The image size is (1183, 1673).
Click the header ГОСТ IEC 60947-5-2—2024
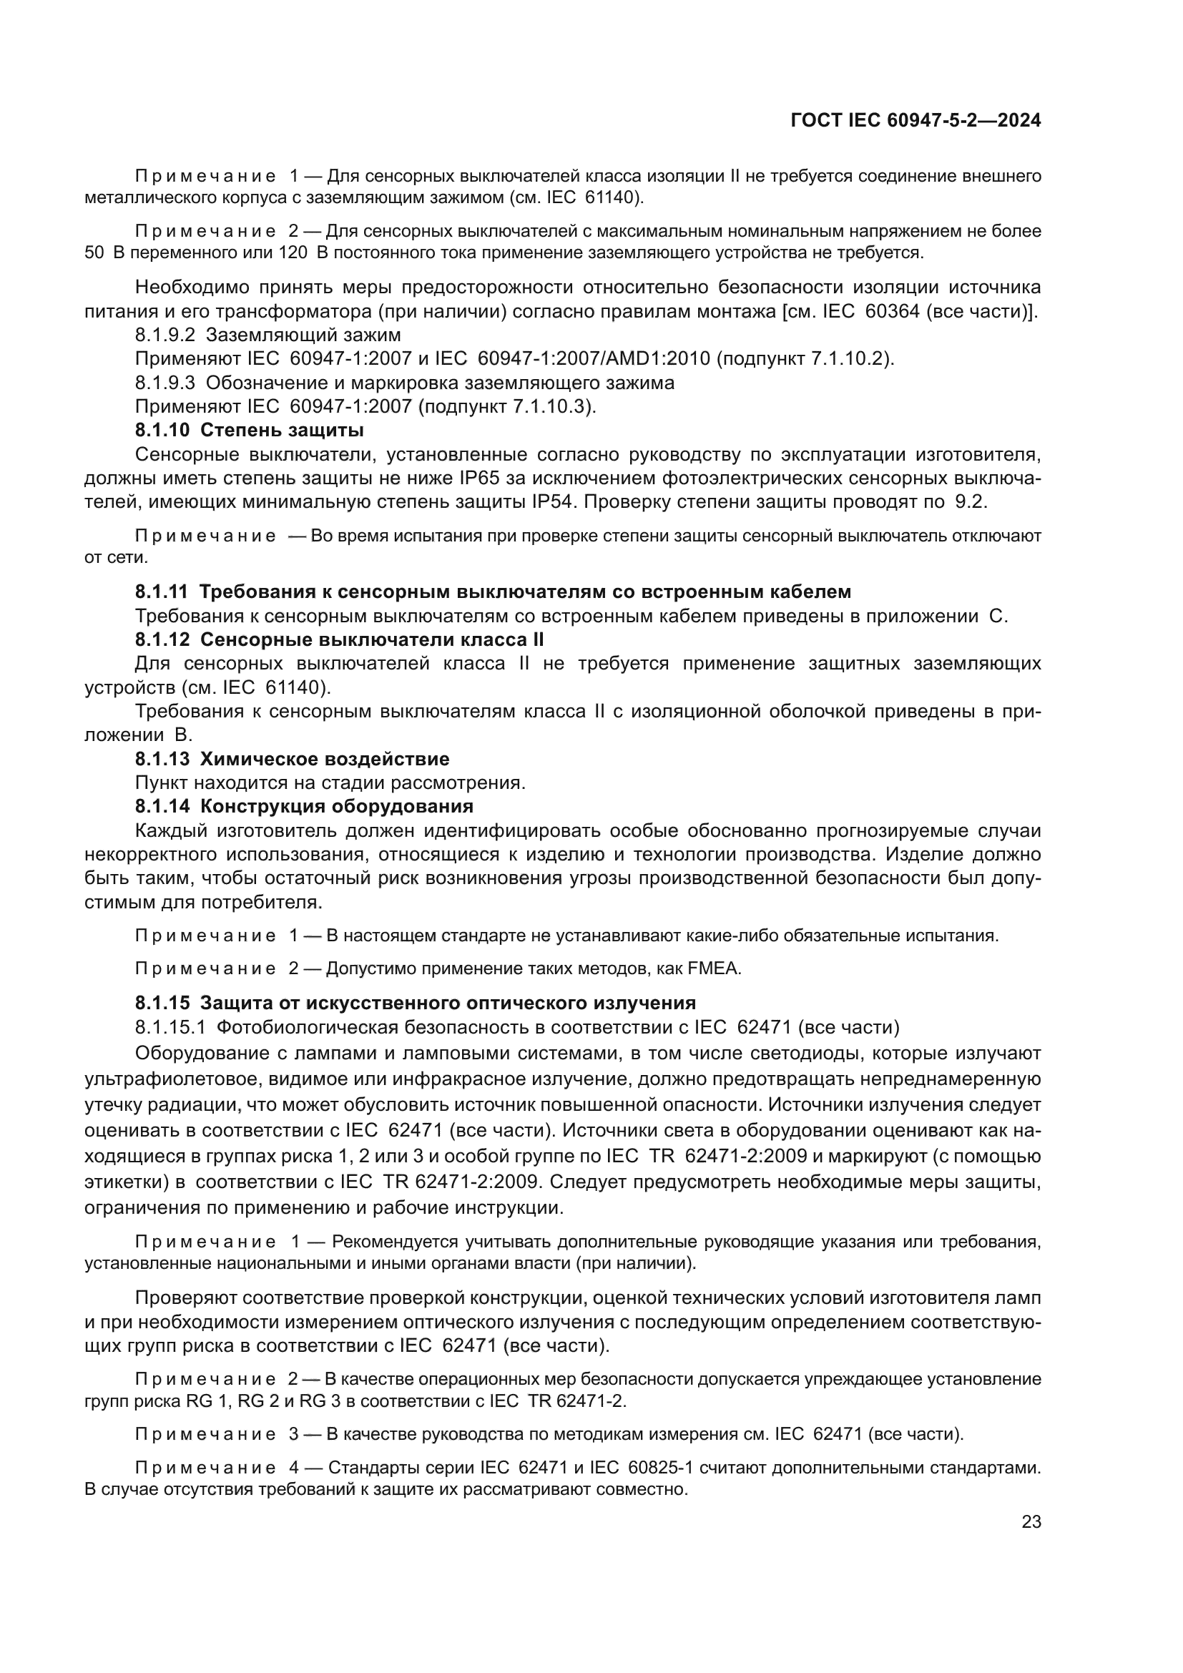tap(916, 120)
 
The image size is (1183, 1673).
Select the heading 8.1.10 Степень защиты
tap(249, 430)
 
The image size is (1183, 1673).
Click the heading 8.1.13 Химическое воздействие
tap(292, 760)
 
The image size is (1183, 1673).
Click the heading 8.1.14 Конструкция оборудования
tap(304, 807)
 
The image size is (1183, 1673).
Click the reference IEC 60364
tap(869, 311)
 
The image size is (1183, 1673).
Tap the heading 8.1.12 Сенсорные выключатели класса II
tap(339, 639)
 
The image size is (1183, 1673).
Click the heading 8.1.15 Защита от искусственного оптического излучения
tap(416, 1003)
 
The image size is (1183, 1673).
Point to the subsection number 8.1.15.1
tap(171, 1027)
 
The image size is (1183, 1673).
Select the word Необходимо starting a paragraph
tap(182, 287)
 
